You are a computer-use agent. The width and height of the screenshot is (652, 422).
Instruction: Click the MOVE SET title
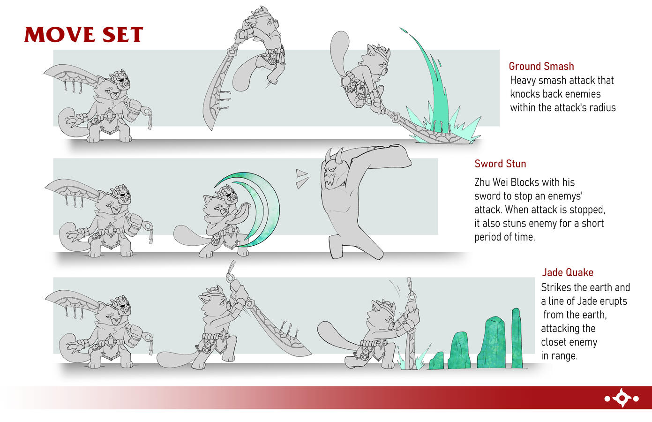(x=84, y=34)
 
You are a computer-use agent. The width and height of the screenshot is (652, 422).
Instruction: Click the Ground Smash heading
(x=541, y=67)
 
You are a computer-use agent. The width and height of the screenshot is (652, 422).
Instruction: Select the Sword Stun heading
(x=500, y=164)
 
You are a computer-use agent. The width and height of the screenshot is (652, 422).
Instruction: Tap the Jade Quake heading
(x=568, y=272)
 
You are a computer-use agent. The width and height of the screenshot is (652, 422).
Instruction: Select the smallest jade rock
(x=436, y=361)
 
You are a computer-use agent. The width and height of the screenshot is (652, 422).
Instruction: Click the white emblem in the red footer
(x=622, y=398)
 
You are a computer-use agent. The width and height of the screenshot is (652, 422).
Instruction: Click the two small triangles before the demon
(x=302, y=179)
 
